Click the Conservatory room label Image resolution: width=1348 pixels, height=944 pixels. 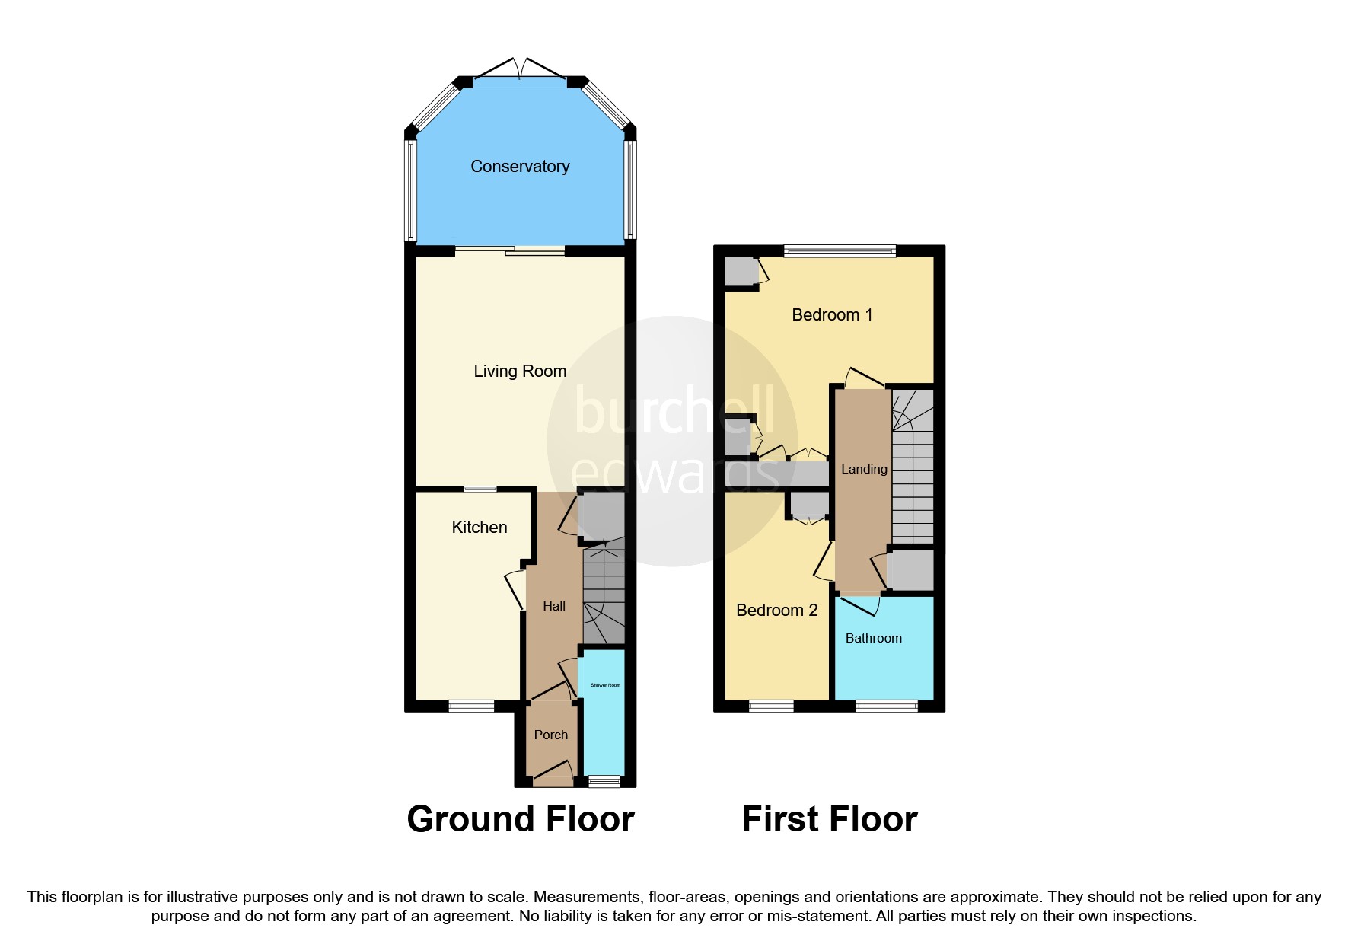[x=520, y=166]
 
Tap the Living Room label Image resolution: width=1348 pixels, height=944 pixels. [x=520, y=371]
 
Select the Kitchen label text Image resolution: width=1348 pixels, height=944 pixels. [x=479, y=527]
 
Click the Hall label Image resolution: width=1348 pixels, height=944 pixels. [x=554, y=606]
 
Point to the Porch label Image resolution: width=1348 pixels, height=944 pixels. [x=550, y=735]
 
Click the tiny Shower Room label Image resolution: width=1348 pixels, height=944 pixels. [x=605, y=685]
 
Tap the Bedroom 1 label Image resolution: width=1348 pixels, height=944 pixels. [x=832, y=314]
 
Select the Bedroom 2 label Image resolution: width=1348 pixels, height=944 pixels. [x=776, y=610]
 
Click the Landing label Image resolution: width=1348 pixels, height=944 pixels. [x=864, y=469]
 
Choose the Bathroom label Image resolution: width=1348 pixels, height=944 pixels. [x=873, y=638]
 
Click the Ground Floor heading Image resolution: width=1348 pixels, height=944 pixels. [x=521, y=819]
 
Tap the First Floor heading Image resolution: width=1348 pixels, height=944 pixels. [x=829, y=819]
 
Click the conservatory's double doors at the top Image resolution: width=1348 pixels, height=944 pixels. [x=521, y=69]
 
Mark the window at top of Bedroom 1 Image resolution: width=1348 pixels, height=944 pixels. [x=840, y=250]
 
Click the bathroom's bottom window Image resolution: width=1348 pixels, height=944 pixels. [x=887, y=706]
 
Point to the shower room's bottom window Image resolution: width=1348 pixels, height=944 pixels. [x=605, y=781]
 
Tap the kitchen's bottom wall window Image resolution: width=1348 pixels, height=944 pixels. [x=471, y=706]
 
